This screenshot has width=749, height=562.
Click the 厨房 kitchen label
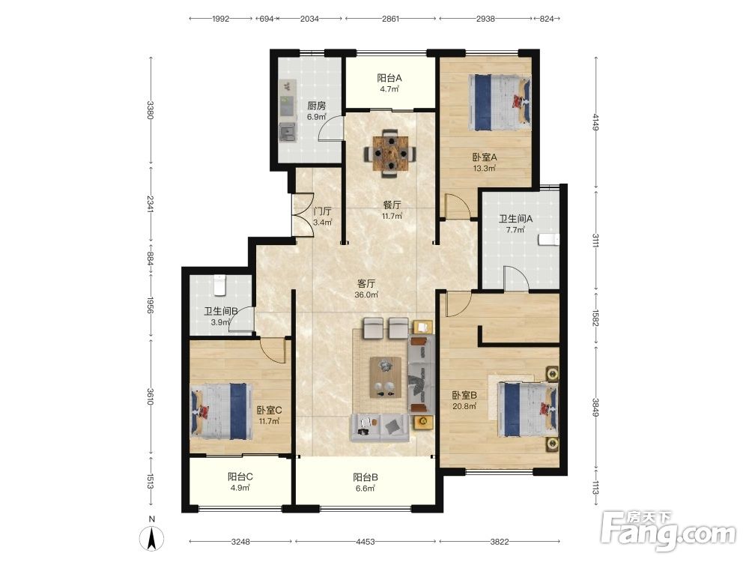pos(316,106)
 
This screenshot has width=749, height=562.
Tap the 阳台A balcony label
pos(389,78)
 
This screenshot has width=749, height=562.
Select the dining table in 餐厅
pos(391,153)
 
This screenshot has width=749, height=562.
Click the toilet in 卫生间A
pos(548,240)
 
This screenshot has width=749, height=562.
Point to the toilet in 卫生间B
pos(219,285)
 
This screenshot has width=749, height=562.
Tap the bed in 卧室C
pos(222,411)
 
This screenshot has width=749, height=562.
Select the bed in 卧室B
pos(528,408)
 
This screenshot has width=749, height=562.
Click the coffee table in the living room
pos(386,377)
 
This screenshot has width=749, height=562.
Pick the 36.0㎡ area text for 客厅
pos(366,294)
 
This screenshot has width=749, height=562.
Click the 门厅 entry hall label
pos(322,211)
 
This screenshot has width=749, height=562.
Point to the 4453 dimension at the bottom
pos(366,542)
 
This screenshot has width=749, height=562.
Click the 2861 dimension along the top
pos(390,19)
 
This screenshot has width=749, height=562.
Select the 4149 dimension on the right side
pos(595,121)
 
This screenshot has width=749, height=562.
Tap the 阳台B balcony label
pos(366,477)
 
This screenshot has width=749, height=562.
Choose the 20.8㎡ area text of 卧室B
pos(464,406)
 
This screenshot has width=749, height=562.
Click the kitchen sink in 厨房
pos(288,132)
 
